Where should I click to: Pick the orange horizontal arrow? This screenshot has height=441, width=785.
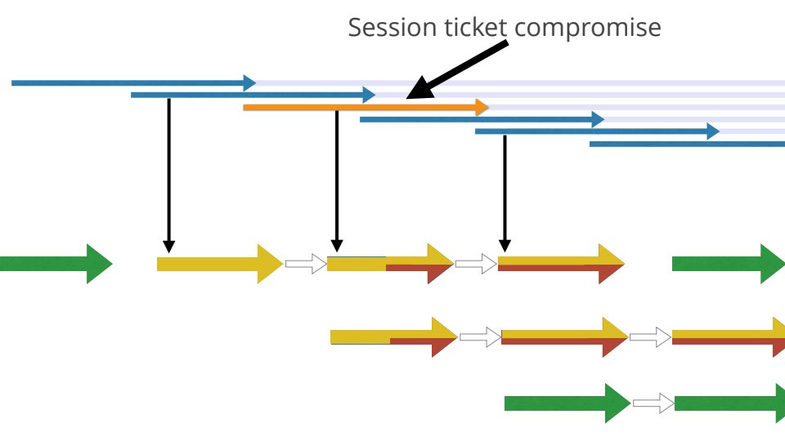[x=365, y=107]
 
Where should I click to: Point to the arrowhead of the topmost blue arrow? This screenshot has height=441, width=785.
[x=249, y=82]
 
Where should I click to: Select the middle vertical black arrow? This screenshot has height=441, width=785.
[x=336, y=180]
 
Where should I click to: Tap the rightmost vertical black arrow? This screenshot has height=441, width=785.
[x=505, y=192]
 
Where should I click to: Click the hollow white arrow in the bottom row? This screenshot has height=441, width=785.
[x=653, y=403]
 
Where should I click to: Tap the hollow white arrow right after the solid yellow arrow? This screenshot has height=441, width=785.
[x=306, y=264]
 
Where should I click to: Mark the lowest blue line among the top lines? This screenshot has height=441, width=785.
[x=687, y=144]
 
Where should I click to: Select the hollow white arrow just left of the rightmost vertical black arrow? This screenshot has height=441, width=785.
[x=475, y=264]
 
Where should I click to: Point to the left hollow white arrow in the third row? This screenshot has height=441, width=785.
[x=480, y=337]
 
